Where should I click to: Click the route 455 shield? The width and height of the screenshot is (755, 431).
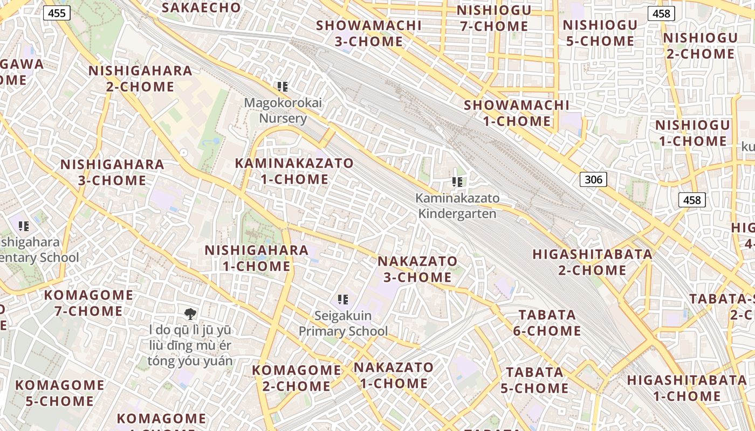coord(57,12)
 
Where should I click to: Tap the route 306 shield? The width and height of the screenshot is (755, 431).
coord(593,179)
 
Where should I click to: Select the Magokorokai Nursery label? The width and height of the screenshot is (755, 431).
coord(283,110)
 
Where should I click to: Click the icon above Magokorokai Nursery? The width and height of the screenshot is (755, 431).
coord(283,86)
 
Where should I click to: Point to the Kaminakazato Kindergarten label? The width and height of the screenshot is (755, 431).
coord(457,206)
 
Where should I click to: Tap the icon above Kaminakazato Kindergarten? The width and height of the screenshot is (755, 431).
coord(458,182)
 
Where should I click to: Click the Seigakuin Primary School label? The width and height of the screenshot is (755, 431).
coord(343,323)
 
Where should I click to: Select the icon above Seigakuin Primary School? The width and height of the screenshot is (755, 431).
coord(343,299)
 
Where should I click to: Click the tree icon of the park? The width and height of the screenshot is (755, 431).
coord(190,314)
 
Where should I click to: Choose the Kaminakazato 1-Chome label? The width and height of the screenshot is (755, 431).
coord(294,171)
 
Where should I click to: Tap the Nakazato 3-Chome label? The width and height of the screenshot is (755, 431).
coord(417,269)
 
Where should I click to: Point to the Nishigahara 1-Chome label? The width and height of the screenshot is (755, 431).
coord(257,258)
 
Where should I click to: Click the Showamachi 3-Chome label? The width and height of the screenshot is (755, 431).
coord(369,33)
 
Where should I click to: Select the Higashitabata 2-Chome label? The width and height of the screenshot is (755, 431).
coord(592,262)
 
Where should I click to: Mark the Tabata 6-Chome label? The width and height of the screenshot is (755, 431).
coord(547,323)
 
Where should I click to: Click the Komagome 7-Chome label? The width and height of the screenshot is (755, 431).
coord(88,303)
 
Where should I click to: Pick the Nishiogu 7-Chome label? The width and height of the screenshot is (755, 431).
coord(493,18)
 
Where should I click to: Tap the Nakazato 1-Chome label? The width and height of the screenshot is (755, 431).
coord(393,376)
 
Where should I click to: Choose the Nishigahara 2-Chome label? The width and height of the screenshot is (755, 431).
coord(140,79)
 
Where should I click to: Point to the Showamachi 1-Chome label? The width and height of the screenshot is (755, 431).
coord(516,113)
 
